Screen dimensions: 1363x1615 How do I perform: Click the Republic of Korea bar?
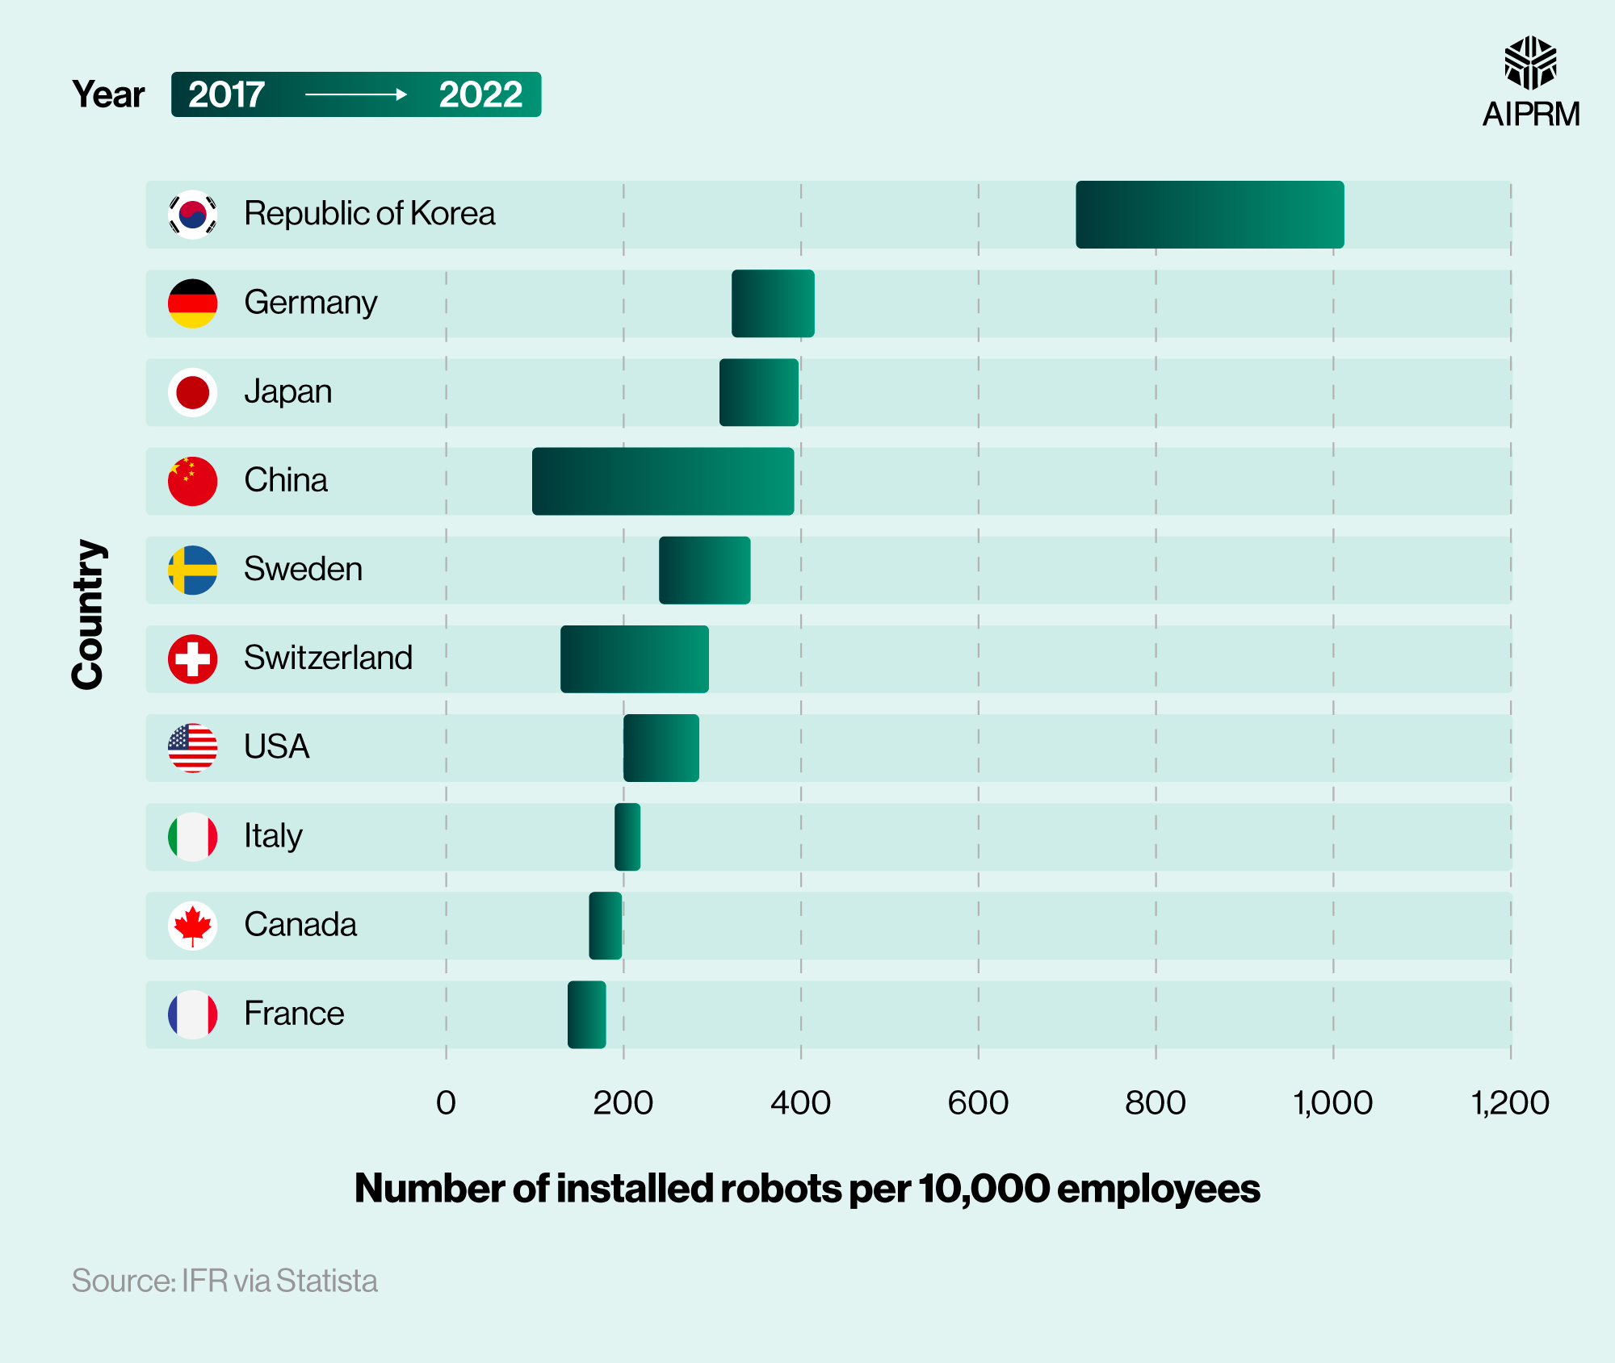pos(1210,215)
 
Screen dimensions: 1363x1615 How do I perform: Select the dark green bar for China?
pos(662,481)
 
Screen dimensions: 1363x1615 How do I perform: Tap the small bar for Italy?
pos(627,837)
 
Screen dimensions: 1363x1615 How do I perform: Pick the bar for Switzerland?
pos(635,659)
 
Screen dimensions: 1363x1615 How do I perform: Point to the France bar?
pos(586,1014)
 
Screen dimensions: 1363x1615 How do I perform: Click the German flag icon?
pos(192,303)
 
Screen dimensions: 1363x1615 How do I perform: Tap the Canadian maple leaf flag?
pos(192,926)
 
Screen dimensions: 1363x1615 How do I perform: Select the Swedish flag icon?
pos(192,570)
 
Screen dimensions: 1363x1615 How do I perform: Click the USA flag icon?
pos(192,748)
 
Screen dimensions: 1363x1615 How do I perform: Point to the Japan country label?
pos(288,392)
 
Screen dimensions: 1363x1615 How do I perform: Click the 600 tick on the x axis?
pos(978,1103)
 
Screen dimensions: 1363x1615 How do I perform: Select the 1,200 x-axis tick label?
pos(1509,1103)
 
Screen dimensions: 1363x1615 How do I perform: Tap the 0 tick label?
pos(446,1103)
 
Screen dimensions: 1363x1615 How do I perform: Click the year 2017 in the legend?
pos(226,95)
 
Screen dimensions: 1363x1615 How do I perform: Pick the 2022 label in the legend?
pos(480,95)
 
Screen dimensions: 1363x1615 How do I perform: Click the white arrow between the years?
pos(355,95)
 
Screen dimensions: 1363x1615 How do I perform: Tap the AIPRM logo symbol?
pos(1530,62)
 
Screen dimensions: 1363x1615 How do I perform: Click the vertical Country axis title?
pos(87,615)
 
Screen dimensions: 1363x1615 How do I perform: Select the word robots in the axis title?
pos(781,1189)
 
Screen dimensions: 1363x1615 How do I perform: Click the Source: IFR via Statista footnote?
pos(224,1281)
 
